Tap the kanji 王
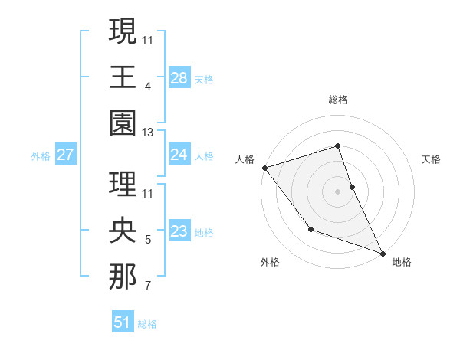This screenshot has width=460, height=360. coord(123,77)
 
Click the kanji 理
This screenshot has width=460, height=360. coord(123,184)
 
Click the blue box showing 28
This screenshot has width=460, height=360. coord(179,77)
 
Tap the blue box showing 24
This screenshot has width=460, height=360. coord(179,155)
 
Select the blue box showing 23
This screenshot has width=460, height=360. coord(179,231)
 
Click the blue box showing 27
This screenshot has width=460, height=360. coord(65,155)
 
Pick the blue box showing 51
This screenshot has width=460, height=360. coord(123,322)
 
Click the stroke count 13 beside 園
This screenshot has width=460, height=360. coord(148,133)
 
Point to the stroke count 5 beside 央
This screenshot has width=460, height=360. coord(148,240)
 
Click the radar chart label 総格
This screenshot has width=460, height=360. coord(337,100)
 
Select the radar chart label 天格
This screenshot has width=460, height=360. coord(432,159)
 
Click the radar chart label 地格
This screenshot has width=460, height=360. coord(402,262)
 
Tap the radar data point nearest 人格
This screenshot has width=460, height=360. coord(264,167)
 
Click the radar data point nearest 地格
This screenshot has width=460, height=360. coord(383,253)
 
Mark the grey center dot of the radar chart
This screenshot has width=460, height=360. coord(337,191)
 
